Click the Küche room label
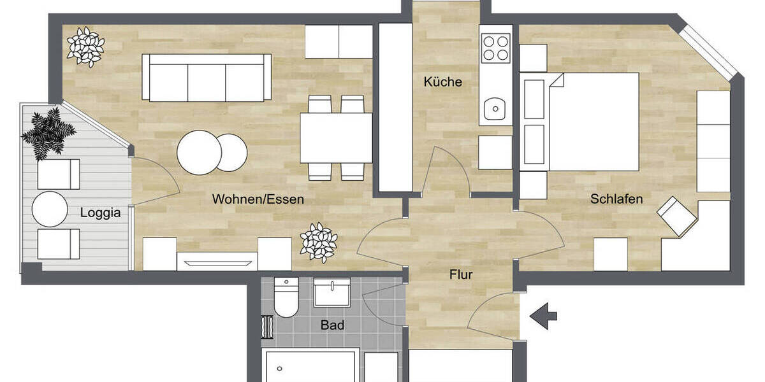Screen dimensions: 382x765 click(x=442, y=82)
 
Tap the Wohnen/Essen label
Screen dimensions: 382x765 click(x=258, y=199)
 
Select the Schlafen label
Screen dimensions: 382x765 click(x=616, y=199)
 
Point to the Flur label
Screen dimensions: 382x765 click(x=461, y=275)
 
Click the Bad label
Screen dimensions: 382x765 click(x=332, y=325)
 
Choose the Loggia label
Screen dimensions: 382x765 click(x=100, y=213)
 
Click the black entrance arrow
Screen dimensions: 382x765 click(x=543, y=316)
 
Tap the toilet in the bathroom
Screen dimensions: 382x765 click(x=286, y=297)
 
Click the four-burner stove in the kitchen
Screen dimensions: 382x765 click(x=496, y=46)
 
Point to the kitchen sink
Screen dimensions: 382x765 click(x=494, y=109)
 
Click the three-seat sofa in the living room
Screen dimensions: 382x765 click(x=203, y=78)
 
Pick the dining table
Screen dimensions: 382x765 click(x=336, y=138)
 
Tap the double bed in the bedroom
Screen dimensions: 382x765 click(x=580, y=122)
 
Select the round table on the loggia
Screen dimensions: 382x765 click(x=50, y=209)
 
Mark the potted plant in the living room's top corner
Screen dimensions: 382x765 click(x=85, y=46)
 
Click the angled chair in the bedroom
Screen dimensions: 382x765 click(x=676, y=216)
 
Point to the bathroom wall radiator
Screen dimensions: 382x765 click(x=266, y=326)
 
